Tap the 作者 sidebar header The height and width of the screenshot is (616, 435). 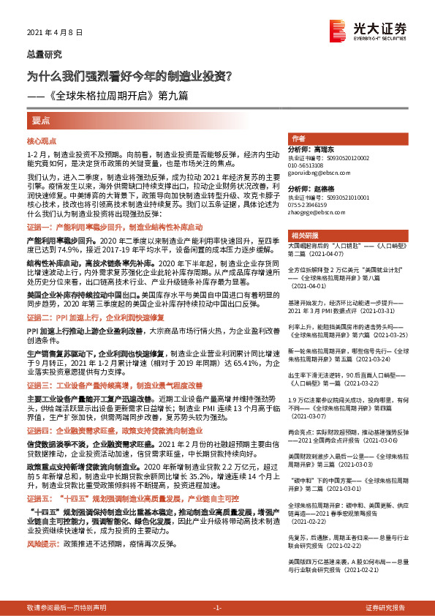pos(298,138)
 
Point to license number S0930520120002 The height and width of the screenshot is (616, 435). pos(335,157)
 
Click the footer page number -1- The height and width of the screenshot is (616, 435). pos(216,608)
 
